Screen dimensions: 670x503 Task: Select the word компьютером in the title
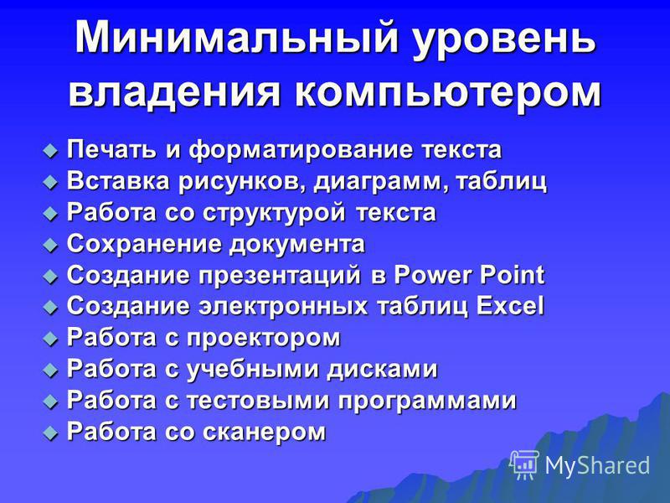pos(447,93)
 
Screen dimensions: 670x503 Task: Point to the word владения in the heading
pos(173,93)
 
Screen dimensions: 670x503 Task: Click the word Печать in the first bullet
pos(111,149)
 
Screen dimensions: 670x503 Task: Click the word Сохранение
pos(145,244)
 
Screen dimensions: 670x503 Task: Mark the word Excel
pos(510,306)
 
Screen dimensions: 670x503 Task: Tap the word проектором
pos(263,339)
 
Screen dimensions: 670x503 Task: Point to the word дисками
pos(382,369)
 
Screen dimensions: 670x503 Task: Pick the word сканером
pos(264,432)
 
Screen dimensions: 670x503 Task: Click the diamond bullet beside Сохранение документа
pos(50,246)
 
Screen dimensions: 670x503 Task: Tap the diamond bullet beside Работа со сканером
pos(50,433)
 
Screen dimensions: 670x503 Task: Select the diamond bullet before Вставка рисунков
pos(50,183)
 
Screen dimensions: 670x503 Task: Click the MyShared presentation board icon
pos(524,465)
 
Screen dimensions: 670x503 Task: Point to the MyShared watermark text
pos(597,465)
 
